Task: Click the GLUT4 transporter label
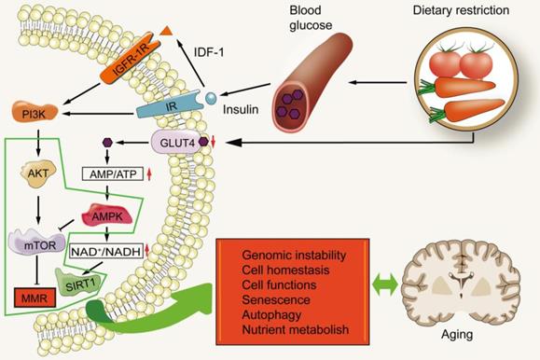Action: click(x=178, y=142)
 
